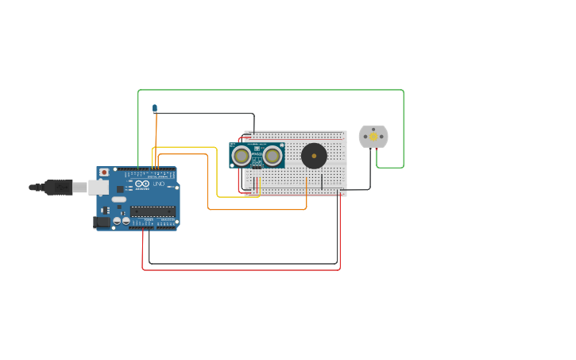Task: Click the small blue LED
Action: [155, 108]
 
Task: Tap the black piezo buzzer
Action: [314, 156]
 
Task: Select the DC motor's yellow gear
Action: [373, 137]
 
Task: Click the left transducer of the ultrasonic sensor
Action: [242, 156]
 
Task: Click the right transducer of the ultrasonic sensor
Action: [273, 156]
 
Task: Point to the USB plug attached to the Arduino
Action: [60, 188]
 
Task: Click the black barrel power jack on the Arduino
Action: [102, 223]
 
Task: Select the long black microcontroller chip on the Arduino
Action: [153, 211]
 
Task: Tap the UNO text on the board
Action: [159, 184]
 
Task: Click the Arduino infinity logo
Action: [142, 184]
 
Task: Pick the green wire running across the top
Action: [270, 90]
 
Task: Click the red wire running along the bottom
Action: [238, 270]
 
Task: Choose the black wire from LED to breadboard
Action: [207, 114]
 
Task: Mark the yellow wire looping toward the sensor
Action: [217, 171]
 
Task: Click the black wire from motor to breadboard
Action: [369, 171]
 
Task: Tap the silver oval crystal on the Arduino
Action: [118, 199]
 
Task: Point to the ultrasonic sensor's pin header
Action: [257, 168]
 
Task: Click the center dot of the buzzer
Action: [314, 156]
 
